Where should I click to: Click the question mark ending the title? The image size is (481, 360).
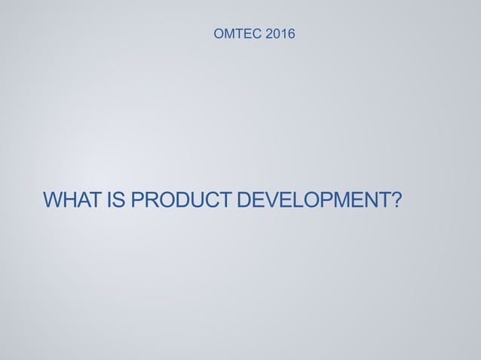click(396, 201)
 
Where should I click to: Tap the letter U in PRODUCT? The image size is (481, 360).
click(193, 201)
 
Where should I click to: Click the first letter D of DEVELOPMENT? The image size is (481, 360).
click(243, 201)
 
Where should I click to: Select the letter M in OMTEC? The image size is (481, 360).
click(231, 34)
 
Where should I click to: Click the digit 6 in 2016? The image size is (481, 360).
click(292, 34)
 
